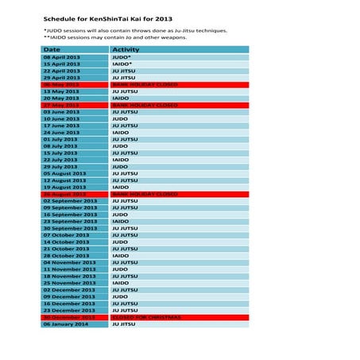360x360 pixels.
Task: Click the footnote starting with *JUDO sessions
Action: point(135,30)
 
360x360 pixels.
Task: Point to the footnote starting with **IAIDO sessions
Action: point(116,37)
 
